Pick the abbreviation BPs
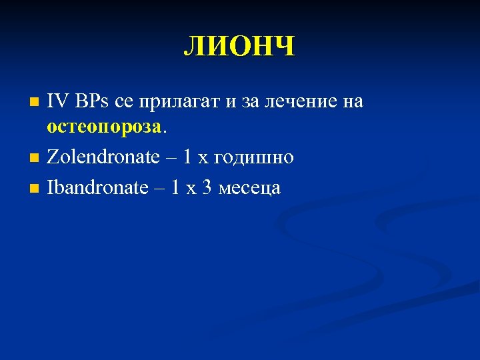(93, 101)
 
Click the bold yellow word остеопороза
(104, 125)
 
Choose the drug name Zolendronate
(103, 157)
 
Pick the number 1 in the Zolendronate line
(187, 157)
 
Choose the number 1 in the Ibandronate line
(175, 187)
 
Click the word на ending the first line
(352, 102)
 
